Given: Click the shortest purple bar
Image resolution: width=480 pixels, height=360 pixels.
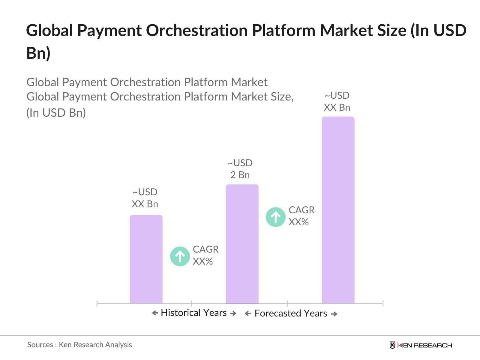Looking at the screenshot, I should point(146,259).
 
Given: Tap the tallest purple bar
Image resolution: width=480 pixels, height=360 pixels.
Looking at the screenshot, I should point(338,210).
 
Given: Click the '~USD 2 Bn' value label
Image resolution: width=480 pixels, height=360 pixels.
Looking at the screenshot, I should point(240,169).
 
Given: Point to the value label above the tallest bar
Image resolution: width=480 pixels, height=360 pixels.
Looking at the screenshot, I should point(337,101).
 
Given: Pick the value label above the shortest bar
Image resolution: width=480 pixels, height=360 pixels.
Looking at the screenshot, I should point(145,198).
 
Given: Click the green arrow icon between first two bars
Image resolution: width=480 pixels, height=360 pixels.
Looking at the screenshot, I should point(180,256).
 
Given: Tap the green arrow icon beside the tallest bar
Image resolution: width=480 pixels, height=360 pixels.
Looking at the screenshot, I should point(275,217).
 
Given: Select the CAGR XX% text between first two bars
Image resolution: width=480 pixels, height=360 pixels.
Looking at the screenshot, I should point(205,255).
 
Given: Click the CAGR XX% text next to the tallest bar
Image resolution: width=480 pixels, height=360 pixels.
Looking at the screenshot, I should point(301,216).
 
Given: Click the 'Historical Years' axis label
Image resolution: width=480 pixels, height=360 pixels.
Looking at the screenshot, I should point(194,313).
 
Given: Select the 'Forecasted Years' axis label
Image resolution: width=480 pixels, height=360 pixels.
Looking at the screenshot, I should point(291,313).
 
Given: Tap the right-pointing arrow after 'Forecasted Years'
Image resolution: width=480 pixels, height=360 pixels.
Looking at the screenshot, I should point(334,314).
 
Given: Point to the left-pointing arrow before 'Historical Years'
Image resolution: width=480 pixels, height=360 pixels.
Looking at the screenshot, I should point(155,313).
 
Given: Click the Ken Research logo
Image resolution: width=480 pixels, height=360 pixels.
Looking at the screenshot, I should point(421,345).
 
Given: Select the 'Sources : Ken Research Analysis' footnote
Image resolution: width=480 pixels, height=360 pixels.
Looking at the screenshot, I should point(79,345).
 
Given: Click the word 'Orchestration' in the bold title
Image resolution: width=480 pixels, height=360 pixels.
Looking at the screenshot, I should point(197,31).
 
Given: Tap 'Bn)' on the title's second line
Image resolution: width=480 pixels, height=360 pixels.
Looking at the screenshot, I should point(38,53).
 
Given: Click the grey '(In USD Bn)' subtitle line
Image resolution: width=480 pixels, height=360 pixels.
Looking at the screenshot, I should point(56,113).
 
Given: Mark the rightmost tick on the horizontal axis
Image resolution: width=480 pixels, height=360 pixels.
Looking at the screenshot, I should point(383,303).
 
